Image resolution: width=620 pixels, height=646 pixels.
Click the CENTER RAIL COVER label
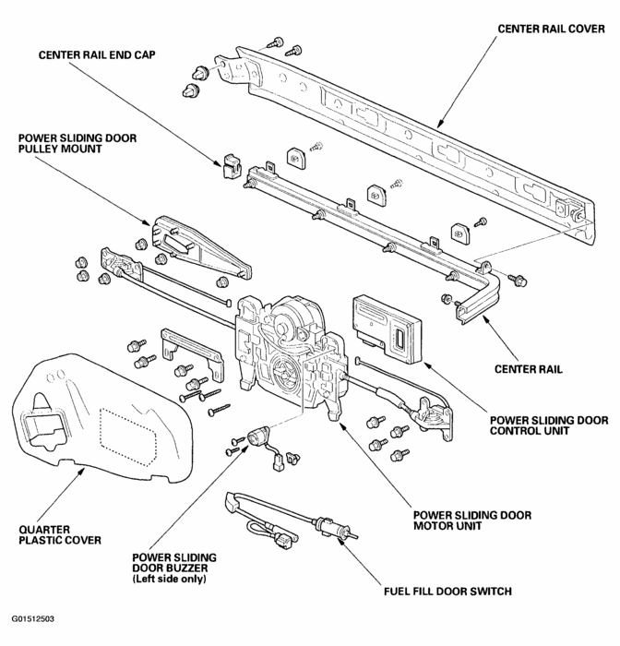pos(553,29)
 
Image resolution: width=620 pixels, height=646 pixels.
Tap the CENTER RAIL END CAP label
pos(96,54)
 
